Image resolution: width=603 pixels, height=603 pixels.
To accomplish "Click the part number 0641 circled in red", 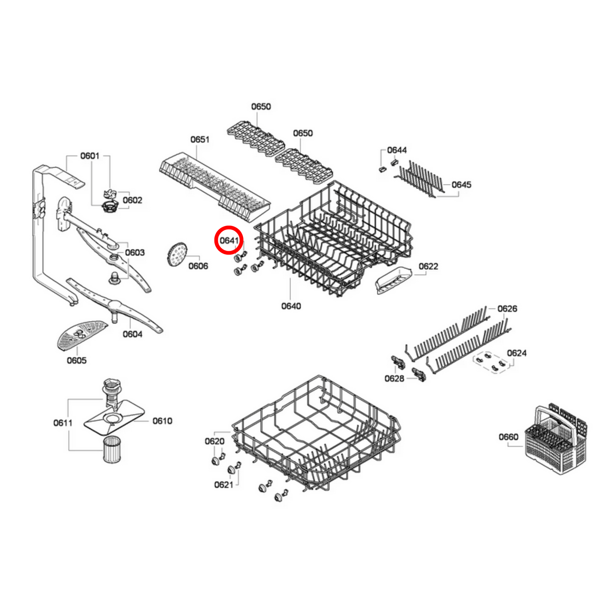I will click(229, 240).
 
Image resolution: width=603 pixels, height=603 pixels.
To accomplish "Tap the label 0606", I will click(198, 266).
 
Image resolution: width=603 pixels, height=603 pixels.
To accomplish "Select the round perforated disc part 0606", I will click(177, 254).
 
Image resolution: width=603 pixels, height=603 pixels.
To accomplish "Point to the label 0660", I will click(508, 437).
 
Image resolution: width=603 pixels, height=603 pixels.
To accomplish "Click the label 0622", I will click(428, 267).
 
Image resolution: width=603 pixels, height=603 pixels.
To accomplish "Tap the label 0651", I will click(199, 139).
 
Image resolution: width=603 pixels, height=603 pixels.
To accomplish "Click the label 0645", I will click(461, 185).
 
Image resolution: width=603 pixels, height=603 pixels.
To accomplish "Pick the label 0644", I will click(396, 150).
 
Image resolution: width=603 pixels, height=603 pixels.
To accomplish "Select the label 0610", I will click(162, 421).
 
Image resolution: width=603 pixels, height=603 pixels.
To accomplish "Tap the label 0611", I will click(63, 423).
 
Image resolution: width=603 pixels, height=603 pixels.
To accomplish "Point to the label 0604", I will click(132, 334).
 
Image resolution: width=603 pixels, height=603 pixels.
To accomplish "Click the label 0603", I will click(134, 253).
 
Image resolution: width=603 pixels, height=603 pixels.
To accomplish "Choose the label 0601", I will click(90, 156).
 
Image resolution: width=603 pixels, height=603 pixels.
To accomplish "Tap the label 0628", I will click(394, 378).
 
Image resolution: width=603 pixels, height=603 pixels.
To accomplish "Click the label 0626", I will click(507, 309).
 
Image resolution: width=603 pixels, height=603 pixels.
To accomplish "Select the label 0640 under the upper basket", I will click(291, 306).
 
